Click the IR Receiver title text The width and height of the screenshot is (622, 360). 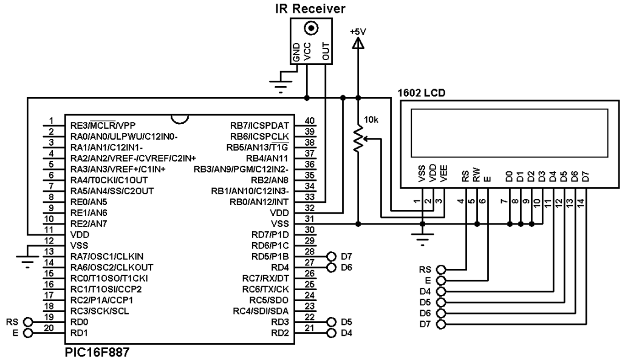(x=310, y=8)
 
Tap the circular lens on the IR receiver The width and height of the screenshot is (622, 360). (x=312, y=28)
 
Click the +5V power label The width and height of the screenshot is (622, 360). (x=358, y=32)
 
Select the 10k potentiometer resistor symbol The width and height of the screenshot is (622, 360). (x=358, y=139)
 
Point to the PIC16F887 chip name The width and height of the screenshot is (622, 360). (x=97, y=352)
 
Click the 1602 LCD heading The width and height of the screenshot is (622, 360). (x=422, y=93)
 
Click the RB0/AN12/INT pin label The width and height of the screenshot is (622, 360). (x=259, y=202)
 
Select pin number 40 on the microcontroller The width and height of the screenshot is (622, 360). (x=309, y=121)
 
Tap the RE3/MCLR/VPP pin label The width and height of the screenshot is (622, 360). (x=103, y=126)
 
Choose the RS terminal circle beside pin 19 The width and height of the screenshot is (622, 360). (x=28, y=322)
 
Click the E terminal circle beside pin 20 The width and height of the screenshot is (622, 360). (x=28, y=333)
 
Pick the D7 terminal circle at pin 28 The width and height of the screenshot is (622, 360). (x=331, y=257)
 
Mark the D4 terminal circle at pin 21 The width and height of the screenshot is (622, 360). (x=331, y=333)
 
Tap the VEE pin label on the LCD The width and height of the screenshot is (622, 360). (x=444, y=173)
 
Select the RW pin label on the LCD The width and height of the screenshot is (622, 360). (x=477, y=175)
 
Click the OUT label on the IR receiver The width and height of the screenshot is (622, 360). (x=326, y=52)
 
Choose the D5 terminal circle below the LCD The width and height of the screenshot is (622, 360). (x=441, y=302)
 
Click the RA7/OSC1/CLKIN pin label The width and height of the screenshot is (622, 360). (x=107, y=257)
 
